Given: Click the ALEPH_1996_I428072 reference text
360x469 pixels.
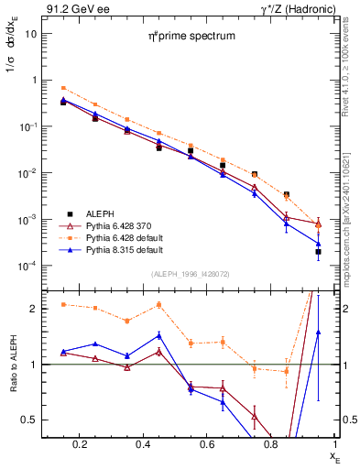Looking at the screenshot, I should [190, 274].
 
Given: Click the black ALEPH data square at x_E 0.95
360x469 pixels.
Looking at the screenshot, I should [318, 251].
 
